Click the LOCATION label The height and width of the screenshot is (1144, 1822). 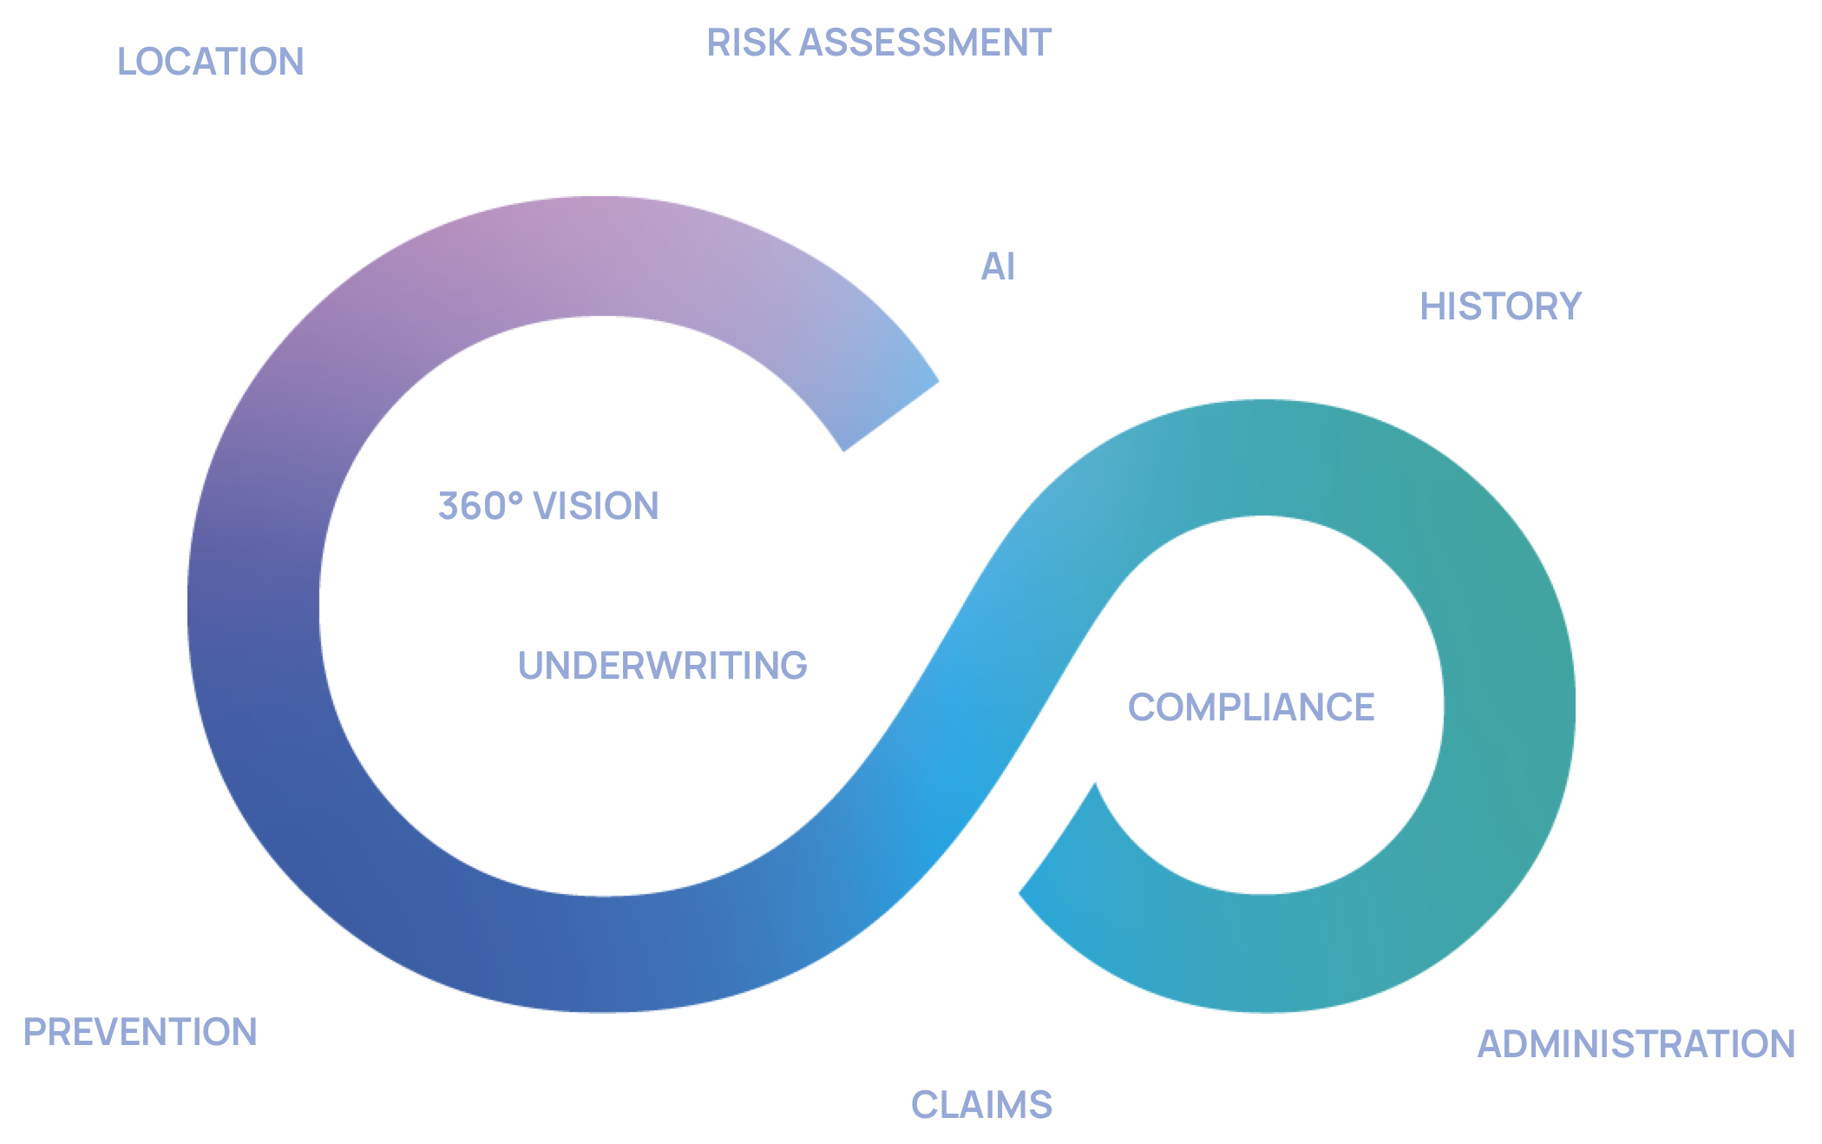pyautogui.click(x=211, y=62)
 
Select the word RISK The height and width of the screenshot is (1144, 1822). pyautogui.click(x=748, y=43)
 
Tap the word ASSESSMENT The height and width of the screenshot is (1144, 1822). pyautogui.click(x=925, y=43)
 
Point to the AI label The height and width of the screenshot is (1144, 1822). pyautogui.click(x=998, y=266)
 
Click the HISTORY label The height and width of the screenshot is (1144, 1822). pyautogui.click(x=1501, y=306)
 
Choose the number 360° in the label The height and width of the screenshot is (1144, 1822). pyautogui.click(x=481, y=506)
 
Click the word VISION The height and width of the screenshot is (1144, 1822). pyautogui.click(x=596, y=506)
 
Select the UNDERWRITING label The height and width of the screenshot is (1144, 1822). pyautogui.click(x=663, y=666)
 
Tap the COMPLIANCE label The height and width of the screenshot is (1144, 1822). pyautogui.click(x=1251, y=707)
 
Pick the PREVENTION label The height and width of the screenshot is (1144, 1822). pyautogui.click(x=141, y=1032)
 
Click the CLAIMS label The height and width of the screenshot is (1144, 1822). pyautogui.click(x=981, y=1105)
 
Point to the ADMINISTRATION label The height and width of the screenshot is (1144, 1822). pyautogui.click(x=1636, y=1044)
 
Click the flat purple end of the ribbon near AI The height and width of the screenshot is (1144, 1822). pyautogui.click(x=892, y=416)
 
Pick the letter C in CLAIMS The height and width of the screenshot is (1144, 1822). pyautogui.click(x=925, y=1105)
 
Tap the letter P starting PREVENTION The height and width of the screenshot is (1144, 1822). pyautogui.click(x=36, y=1032)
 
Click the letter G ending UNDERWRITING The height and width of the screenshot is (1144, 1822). pyautogui.click(x=794, y=666)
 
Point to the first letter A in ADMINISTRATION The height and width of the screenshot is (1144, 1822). pyautogui.click(x=1492, y=1044)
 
